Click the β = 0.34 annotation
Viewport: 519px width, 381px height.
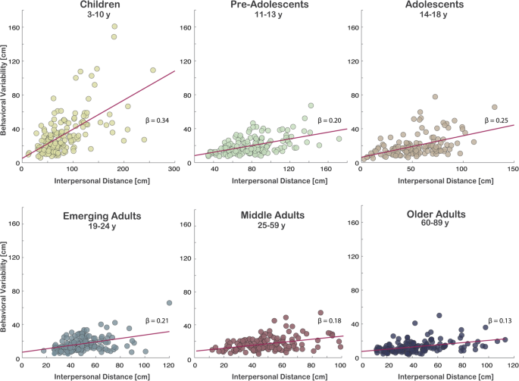click(x=158, y=120)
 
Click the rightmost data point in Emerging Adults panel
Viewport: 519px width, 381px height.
click(x=169, y=303)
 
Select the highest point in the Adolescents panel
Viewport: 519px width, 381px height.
click(x=435, y=97)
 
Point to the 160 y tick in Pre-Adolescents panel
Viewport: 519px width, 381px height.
click(x=183, y=28)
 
